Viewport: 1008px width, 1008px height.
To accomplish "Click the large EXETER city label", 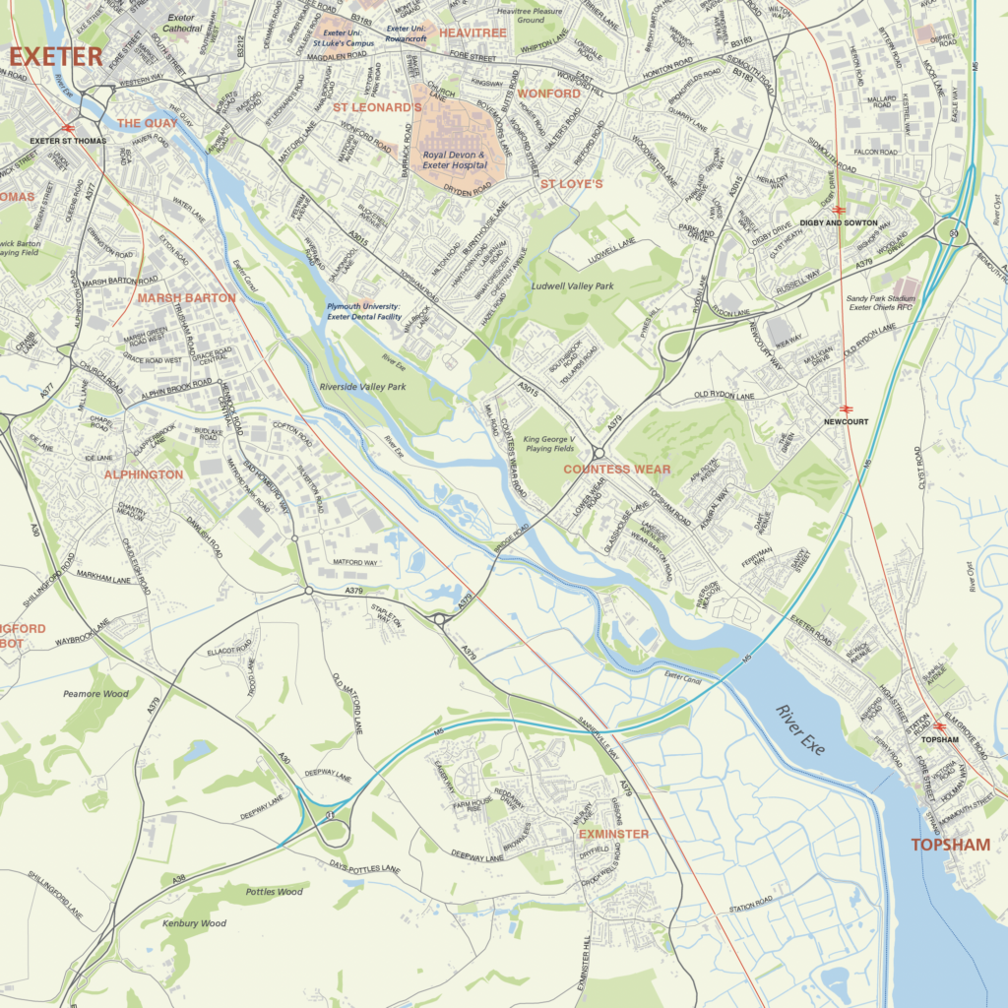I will pyautogui.click(x=55, y=57).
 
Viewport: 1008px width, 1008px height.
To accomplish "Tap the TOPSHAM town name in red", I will pyautogui.click(x=950, y=845).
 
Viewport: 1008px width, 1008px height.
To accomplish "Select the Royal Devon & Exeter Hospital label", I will pyautogui.click(x=455, y=160).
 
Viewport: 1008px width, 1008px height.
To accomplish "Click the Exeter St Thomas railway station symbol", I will pyautogui.click(x=69, y=127).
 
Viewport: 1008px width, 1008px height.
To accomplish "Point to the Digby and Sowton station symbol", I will pyautogui.click(x=838, y=210).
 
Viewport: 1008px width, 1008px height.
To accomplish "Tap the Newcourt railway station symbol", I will pyautogui.click(x=845, y=409).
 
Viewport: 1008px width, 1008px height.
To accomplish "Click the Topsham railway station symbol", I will pyautogui.click(x=939, y=726).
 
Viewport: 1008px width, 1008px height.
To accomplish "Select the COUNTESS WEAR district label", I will pyautogui.click(x=616, y=470).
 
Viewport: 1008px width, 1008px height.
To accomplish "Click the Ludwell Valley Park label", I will pyautogui.click(x=572, y=286).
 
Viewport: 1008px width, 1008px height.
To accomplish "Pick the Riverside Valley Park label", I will pyautogui.click(x=362, y=387).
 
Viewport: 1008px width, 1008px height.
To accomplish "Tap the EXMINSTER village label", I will pyautogui.click(x=613, y=834).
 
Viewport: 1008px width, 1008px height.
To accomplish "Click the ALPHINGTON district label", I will pyautogui.click(x=144, y=474).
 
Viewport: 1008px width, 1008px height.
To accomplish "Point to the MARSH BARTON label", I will pyautogui.click(x=186, y=297).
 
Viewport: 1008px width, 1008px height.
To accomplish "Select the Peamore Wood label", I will pyautogui.click(x=95, y=694).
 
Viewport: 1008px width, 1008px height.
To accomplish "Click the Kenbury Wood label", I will pyautogui.click(x=196, y=923).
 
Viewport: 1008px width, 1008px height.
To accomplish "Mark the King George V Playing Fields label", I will pyautogui.click(x=549, y=443).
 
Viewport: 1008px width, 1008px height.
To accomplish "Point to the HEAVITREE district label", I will pyautogui.click(x=472, y=32).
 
